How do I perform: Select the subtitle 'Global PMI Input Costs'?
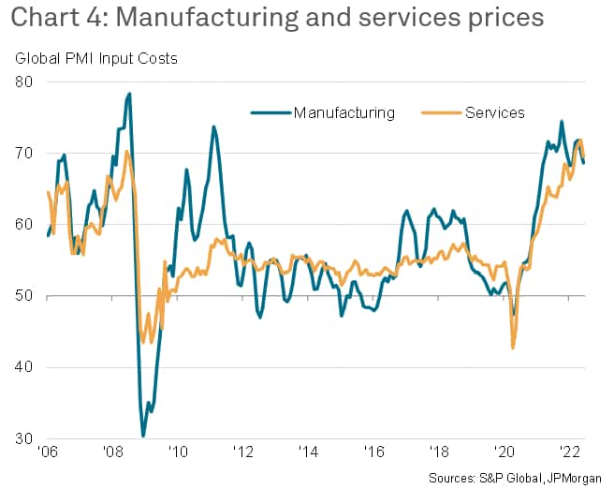click(x=95, y=59)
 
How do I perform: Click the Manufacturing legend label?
click(x=344, y=113)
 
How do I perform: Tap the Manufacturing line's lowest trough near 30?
click(x=143, y=436)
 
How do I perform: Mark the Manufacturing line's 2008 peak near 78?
click(x=129, y=94)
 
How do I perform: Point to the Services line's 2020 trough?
click(x=513, y=348)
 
